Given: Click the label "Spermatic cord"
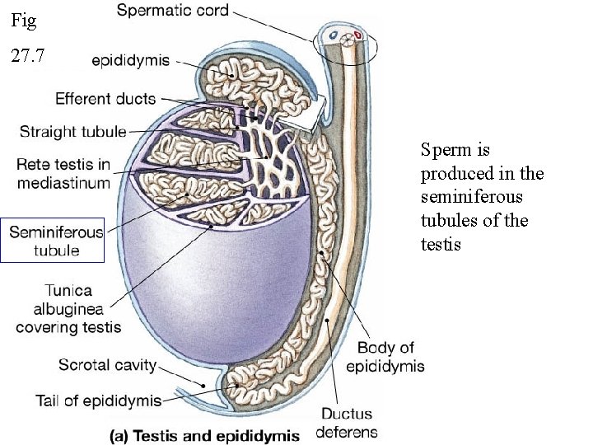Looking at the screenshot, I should tap(172, 12).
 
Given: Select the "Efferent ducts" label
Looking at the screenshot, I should tap(105, 99).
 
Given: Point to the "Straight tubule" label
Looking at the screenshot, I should tap(72, 131).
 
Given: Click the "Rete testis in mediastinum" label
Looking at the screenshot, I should tap(63, 174).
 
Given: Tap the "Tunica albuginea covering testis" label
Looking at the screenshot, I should tap(68, 308).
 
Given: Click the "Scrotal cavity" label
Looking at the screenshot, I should tap(110, 364).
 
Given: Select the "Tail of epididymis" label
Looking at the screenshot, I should tap(98, 400).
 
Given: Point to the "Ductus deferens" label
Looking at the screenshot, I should tap(347, 423).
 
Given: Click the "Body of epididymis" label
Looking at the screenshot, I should tap(385, 357).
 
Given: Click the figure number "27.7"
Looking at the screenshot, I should tap(28, 58).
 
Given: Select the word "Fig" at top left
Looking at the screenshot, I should tap(24, 20).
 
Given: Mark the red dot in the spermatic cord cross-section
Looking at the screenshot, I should tap(357, 36).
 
